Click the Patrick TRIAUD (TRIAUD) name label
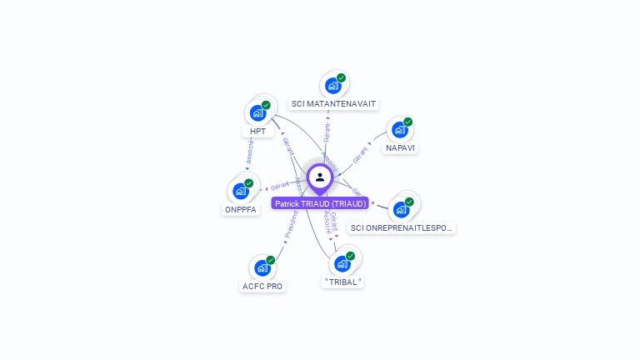(320, 203)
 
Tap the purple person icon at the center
(320, 177)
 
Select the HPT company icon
(257, 112)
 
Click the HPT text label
(257, 132)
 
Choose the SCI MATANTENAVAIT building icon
(332, 85)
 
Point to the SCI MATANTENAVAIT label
(333, 104)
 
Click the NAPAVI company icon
(400, 130)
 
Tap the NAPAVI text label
(400, 148)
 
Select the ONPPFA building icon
(241, 191)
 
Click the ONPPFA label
(241, 209)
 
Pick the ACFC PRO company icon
(262, 268)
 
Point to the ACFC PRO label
(262, 287)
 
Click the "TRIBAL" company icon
(342, 264)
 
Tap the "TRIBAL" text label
(342, 282)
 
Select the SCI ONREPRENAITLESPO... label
(402, 227)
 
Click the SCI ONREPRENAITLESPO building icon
(401, 209)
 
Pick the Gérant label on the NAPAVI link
(359, 155)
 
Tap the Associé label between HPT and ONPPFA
(249, 152)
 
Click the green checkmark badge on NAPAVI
(408, 122)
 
